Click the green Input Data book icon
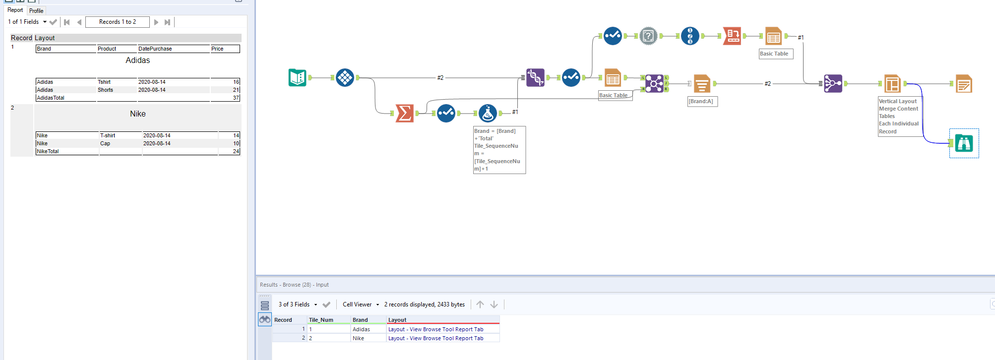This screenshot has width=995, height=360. [x=297, y=78]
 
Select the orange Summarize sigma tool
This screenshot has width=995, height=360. [x=405, y=114]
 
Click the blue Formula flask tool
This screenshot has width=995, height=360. [x=488, y=114]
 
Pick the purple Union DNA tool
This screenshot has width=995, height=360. [x=535, y=78]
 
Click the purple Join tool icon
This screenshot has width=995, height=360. [x=654, y=84]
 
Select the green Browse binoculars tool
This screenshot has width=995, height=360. [x=964, y=143]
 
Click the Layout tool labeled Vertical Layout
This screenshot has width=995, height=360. [x=892, y=84]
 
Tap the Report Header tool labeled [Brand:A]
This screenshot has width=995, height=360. [x=701, y=84]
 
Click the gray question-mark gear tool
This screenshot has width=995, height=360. [x=648, y=36]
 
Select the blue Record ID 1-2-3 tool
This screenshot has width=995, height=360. [x=690, y=36]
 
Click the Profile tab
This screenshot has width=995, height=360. [x=36, y=10]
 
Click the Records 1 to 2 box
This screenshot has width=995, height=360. [x=118, y=22]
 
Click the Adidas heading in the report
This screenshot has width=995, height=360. [x=137, y=60]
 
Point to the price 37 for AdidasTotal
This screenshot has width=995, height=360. [x=236, y=98]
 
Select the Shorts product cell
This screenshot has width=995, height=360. [x=106, y=90]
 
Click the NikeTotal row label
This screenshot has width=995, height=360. [x=48, y=151]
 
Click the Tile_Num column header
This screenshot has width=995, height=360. [x=321, y=320]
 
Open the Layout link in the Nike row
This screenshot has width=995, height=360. [x=435, y=338]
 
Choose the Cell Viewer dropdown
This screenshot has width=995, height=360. [x=361, y=304]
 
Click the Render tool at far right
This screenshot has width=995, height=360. [x=964, y=84]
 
